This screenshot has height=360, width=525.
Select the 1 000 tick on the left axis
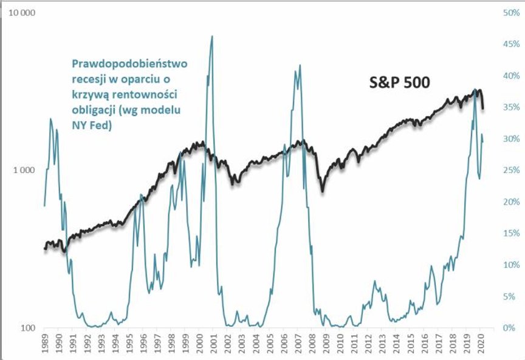tap(22, 171)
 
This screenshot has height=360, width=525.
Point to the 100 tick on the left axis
tap(26, 328)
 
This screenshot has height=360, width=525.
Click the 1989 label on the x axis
tap(45, 343)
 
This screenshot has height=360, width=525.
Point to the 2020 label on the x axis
tap(480, 343)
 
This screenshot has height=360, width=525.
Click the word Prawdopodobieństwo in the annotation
tap(131, 63)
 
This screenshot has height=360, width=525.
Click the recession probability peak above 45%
tap(211, 36)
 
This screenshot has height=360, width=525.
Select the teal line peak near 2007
tap(300, 66)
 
